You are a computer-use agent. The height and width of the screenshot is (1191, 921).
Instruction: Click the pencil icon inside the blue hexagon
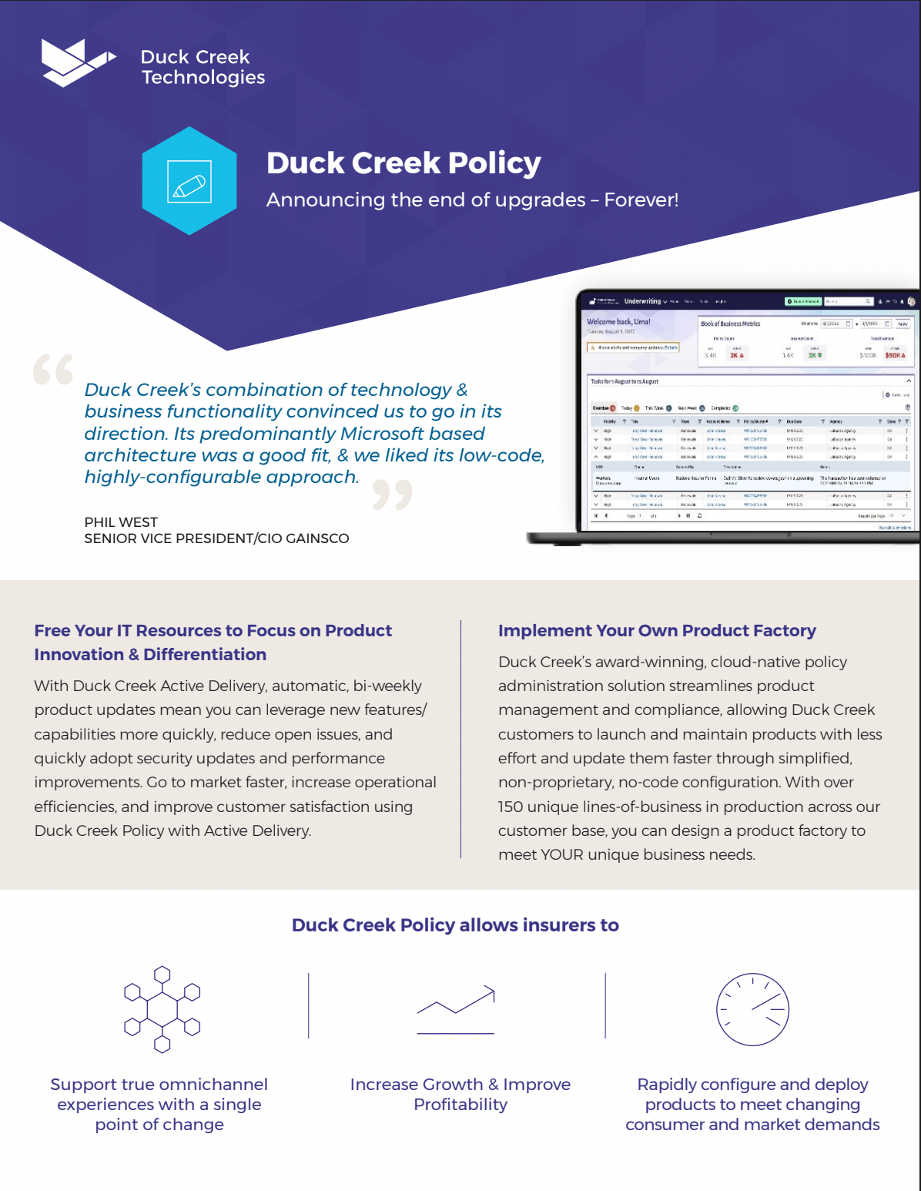pos(189,182)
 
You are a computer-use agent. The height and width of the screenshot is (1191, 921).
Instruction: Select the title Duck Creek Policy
pos(404,163)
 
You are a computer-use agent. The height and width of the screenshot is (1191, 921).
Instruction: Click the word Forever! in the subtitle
pos(641,200)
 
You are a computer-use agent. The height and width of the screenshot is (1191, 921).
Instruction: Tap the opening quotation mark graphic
pos(53,370)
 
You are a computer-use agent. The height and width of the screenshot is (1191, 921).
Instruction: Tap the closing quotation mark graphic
pos(392,495)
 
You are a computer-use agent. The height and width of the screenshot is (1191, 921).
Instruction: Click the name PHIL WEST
pos(121,522)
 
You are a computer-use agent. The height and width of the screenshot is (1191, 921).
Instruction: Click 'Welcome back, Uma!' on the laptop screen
pos(618,322)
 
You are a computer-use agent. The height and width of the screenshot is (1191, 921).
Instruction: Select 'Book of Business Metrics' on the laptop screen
pos(730,324)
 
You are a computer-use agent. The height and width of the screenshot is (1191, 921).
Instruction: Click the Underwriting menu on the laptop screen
pos(644,301)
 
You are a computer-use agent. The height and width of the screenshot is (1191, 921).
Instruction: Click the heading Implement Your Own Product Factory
pos(656,630)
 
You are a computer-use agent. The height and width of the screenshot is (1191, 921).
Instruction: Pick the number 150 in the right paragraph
pos(511,807)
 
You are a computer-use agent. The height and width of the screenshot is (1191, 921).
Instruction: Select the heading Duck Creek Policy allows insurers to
pos(455,925)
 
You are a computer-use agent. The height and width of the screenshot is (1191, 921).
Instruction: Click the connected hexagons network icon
pos(162,1008)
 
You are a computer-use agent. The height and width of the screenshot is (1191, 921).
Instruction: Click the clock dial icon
pos(752,1009)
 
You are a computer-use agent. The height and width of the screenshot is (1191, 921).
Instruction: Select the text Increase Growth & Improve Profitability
pos(460,1094)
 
